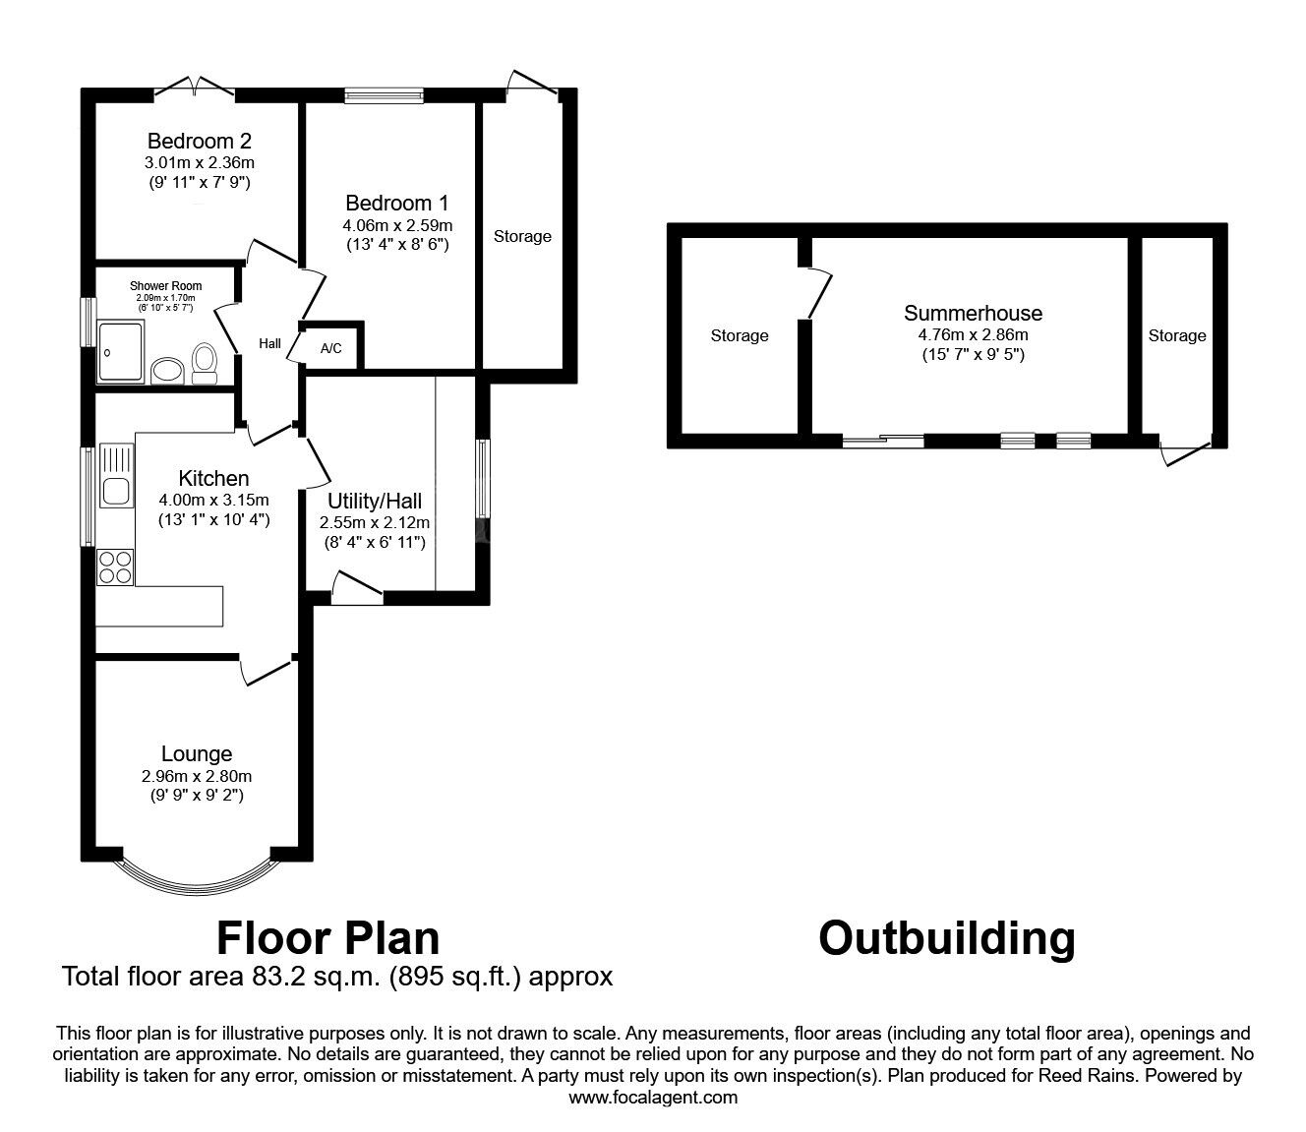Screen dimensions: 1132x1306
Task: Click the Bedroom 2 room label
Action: coord(191,141)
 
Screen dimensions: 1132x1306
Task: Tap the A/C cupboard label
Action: coord(331,348)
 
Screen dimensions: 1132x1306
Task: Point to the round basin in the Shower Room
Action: coord(167,370)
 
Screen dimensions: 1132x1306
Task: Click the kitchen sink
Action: coord(117,489)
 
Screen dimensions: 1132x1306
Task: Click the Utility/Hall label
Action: coord(375,502)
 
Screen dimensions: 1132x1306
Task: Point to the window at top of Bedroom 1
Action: coord(384,95)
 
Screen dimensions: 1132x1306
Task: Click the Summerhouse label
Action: coord(973,313)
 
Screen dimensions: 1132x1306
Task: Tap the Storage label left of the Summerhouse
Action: coord(740,335)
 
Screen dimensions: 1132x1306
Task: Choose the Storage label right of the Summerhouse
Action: coord(1176,335)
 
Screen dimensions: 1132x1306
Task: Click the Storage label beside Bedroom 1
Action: coord(522,236)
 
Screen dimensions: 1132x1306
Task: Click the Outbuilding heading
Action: coord(946,938)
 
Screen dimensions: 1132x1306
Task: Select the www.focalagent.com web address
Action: coord(653,1098)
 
